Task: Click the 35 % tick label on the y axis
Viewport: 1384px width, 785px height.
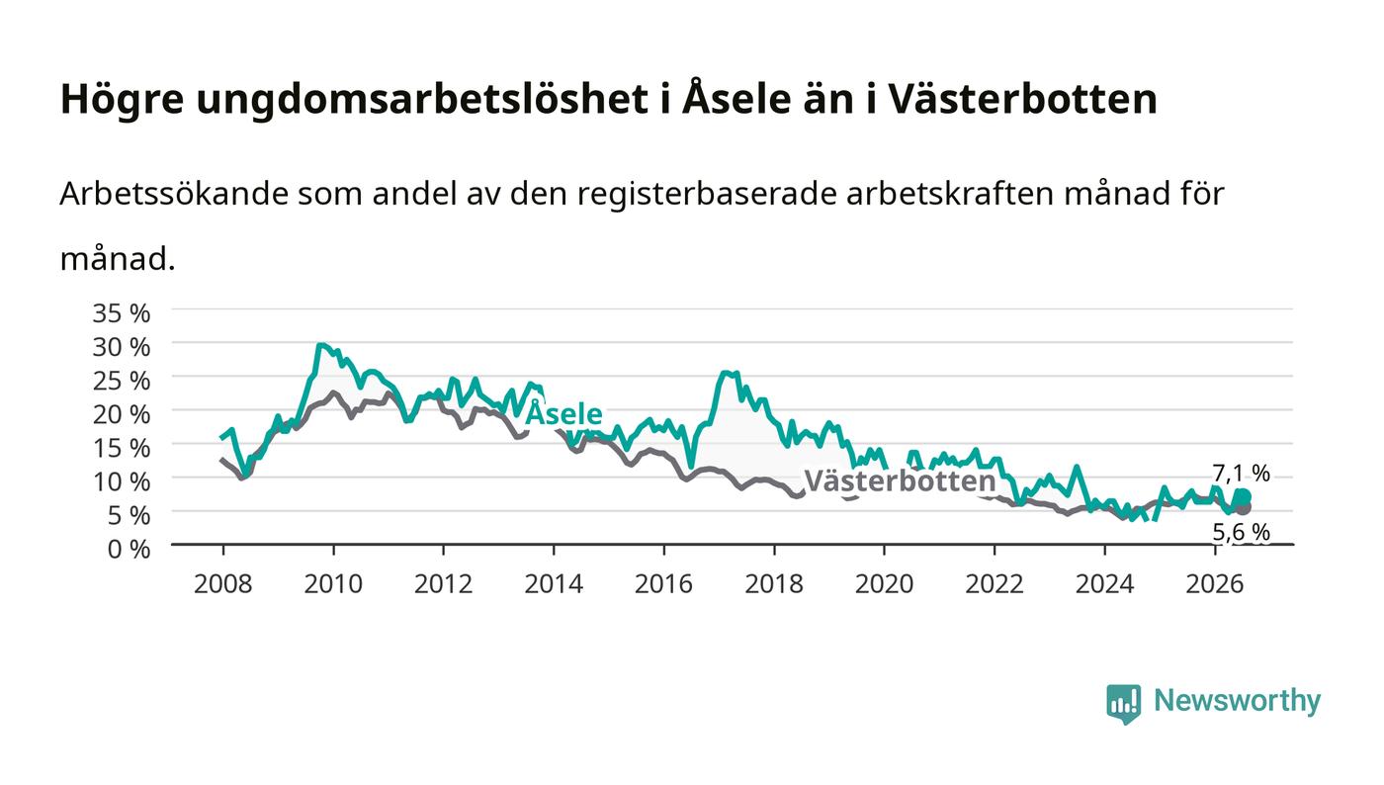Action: (121, 313)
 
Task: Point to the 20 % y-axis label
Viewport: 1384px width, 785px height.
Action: (121, 414)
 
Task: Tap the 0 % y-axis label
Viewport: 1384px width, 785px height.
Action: (129, 549)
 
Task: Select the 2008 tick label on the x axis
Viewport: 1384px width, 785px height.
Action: (223, 584)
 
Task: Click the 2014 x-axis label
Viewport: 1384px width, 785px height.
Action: (554, 584)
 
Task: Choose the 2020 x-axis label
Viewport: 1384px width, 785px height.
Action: (884, 584)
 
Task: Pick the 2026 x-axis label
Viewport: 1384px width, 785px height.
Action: (1215, 584)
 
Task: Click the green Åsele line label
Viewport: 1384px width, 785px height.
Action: (563, 413)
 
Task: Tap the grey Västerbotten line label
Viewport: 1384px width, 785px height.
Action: (901, 480)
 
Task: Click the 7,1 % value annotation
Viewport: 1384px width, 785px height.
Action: (1242, 474)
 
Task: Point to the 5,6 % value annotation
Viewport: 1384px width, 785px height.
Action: (1242, 532)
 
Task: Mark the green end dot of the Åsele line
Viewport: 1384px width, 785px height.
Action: (1245, 497)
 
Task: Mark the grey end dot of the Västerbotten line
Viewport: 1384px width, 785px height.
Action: (1245, 507)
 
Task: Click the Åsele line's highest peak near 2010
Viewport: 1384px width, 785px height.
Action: (319, 345)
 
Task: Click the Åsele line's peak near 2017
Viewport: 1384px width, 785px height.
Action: (726, 373)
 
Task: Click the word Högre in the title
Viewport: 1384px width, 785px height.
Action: (123, 99)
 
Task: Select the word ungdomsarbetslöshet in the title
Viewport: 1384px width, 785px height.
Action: (422, 99)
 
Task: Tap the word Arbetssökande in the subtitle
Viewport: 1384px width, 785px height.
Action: (174, 194)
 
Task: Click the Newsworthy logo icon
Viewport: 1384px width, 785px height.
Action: (1123, 704)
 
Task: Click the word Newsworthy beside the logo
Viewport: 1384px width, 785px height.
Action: (1237, 701)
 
